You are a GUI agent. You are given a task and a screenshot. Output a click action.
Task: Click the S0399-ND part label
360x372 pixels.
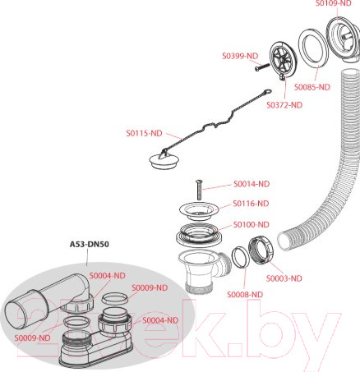(x=240, y=56)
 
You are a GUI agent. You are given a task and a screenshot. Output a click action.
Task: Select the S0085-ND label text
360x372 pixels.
(x=312, y=87)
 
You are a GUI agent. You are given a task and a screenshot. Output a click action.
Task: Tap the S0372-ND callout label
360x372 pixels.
(x=284, y=105)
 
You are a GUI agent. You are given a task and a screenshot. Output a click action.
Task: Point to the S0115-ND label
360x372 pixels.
(x=144, y=133)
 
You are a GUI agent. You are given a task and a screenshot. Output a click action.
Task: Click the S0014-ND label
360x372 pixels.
(x=252, y=184)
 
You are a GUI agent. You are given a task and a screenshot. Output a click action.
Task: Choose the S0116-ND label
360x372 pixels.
(x=251, y=204)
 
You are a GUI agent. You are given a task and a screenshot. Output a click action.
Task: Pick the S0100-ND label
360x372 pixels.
(x=252, y=225)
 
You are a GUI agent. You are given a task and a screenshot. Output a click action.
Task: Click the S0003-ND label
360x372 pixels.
(x=284, y=278)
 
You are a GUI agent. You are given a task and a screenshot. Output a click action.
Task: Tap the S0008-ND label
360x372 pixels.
(x=245, y=295)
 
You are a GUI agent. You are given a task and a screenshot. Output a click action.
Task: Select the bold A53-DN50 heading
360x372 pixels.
(x=90, y=244)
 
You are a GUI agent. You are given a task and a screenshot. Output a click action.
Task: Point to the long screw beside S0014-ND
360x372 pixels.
(x=198, y=190)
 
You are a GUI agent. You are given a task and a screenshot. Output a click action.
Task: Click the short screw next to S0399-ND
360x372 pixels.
(x=262, y=67)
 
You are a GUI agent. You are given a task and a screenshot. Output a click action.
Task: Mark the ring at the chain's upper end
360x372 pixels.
(x=268, y=91)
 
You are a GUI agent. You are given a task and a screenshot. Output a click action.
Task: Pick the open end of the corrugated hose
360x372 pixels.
(x=283, y=241)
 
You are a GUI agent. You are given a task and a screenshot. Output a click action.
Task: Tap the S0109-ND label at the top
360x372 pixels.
(x=333, y=3)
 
